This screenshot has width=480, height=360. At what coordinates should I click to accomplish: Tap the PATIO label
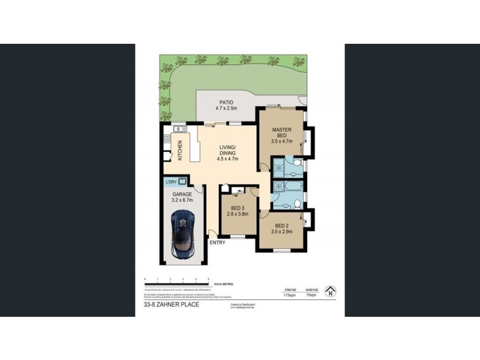tap(227, 102)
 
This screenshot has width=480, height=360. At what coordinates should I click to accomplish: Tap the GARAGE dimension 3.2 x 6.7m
tap(182, 202)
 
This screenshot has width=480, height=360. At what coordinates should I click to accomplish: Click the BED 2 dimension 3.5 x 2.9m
tap(281, 231)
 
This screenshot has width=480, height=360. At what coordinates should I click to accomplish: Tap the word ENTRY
tap(217, 242)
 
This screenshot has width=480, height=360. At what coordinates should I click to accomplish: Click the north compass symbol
tap(329, 292)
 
